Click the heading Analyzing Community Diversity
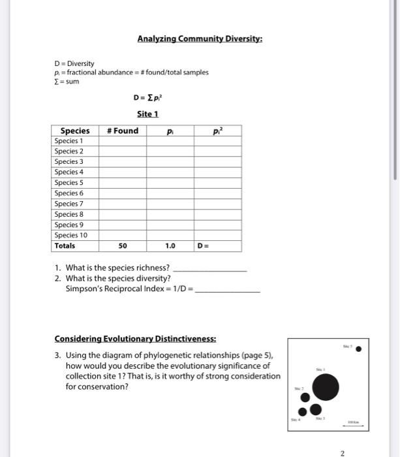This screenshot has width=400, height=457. (200, 39)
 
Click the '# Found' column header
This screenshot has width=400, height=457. (123, 131)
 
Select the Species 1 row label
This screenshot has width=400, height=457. (69, 141)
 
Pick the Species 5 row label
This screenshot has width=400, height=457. (69, 182)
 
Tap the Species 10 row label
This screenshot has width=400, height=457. (71, 235)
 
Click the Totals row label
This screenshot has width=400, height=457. (65, 246)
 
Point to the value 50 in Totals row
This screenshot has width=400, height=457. (123, 246)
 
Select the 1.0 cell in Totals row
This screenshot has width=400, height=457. (170, 246)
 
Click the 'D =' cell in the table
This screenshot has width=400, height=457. (204, 246)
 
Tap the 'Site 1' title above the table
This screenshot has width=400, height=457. (147, 114)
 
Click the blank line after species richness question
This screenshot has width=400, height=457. (211, 268)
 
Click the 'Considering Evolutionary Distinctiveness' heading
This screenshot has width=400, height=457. (135, 339)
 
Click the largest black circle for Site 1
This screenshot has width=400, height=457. (326, 387)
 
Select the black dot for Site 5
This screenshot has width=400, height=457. (358, 349)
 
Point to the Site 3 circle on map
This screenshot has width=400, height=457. (316, 409)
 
